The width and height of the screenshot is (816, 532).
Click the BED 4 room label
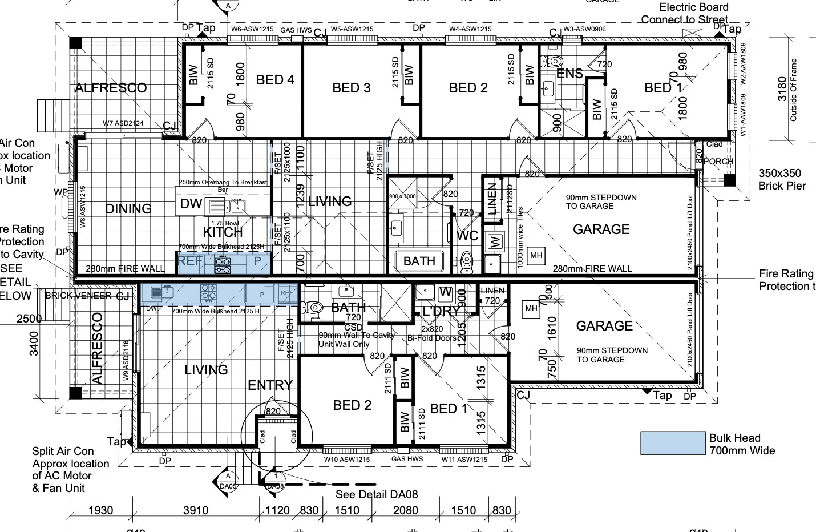point(275,80)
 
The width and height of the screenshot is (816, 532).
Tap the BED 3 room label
point(352,88)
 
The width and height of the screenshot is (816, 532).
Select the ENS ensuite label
point(569,74)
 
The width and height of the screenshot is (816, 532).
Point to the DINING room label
point(128,209)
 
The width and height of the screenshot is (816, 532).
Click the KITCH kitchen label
point(223,232)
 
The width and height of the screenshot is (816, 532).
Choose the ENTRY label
point(270,385)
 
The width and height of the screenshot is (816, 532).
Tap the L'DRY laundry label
point(440,311)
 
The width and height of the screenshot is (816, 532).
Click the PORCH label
point(718,162)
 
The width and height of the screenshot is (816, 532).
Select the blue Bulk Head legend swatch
point(673,443)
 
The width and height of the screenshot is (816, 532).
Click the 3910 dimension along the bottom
point(196,510)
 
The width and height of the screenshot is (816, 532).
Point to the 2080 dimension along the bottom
point(405,510)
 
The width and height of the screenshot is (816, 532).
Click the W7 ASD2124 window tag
point(123,123)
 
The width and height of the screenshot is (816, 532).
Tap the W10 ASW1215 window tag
point(347,460)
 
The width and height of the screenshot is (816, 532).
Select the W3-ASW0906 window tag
point(585,29)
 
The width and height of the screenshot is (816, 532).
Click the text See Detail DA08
point(377,494)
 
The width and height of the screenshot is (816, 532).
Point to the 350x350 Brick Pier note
point(782,179)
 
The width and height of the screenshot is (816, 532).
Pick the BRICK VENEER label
point(78,295)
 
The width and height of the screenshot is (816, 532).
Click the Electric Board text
point(693,7)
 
